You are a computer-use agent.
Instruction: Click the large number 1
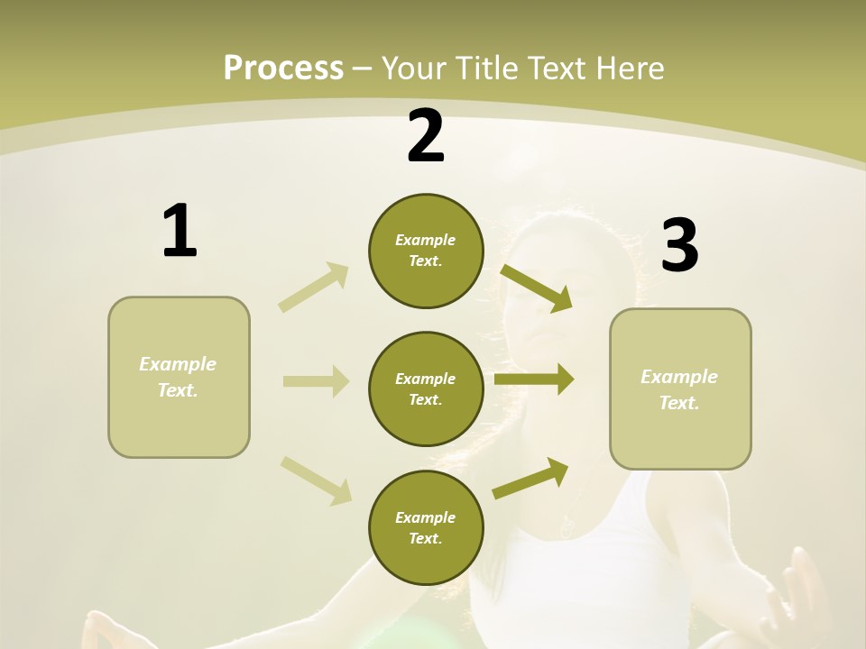(180, 232)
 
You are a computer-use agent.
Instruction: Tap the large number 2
(426, 136)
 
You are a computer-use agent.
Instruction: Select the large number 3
(679, 246)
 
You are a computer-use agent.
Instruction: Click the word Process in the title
(283, 68)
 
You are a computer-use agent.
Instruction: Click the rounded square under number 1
(179, 377)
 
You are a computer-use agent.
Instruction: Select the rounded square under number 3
(680, 388)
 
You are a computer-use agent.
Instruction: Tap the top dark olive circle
(426, 251)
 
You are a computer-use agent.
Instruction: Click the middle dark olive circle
(426, 388)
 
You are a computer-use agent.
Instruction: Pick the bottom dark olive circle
(426, 527)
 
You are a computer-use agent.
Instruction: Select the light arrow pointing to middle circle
(316, 381)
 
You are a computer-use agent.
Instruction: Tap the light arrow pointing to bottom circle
(316, 480)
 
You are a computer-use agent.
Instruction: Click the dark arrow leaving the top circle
(537, 288)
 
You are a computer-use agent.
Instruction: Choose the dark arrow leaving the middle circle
(534, 379)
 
